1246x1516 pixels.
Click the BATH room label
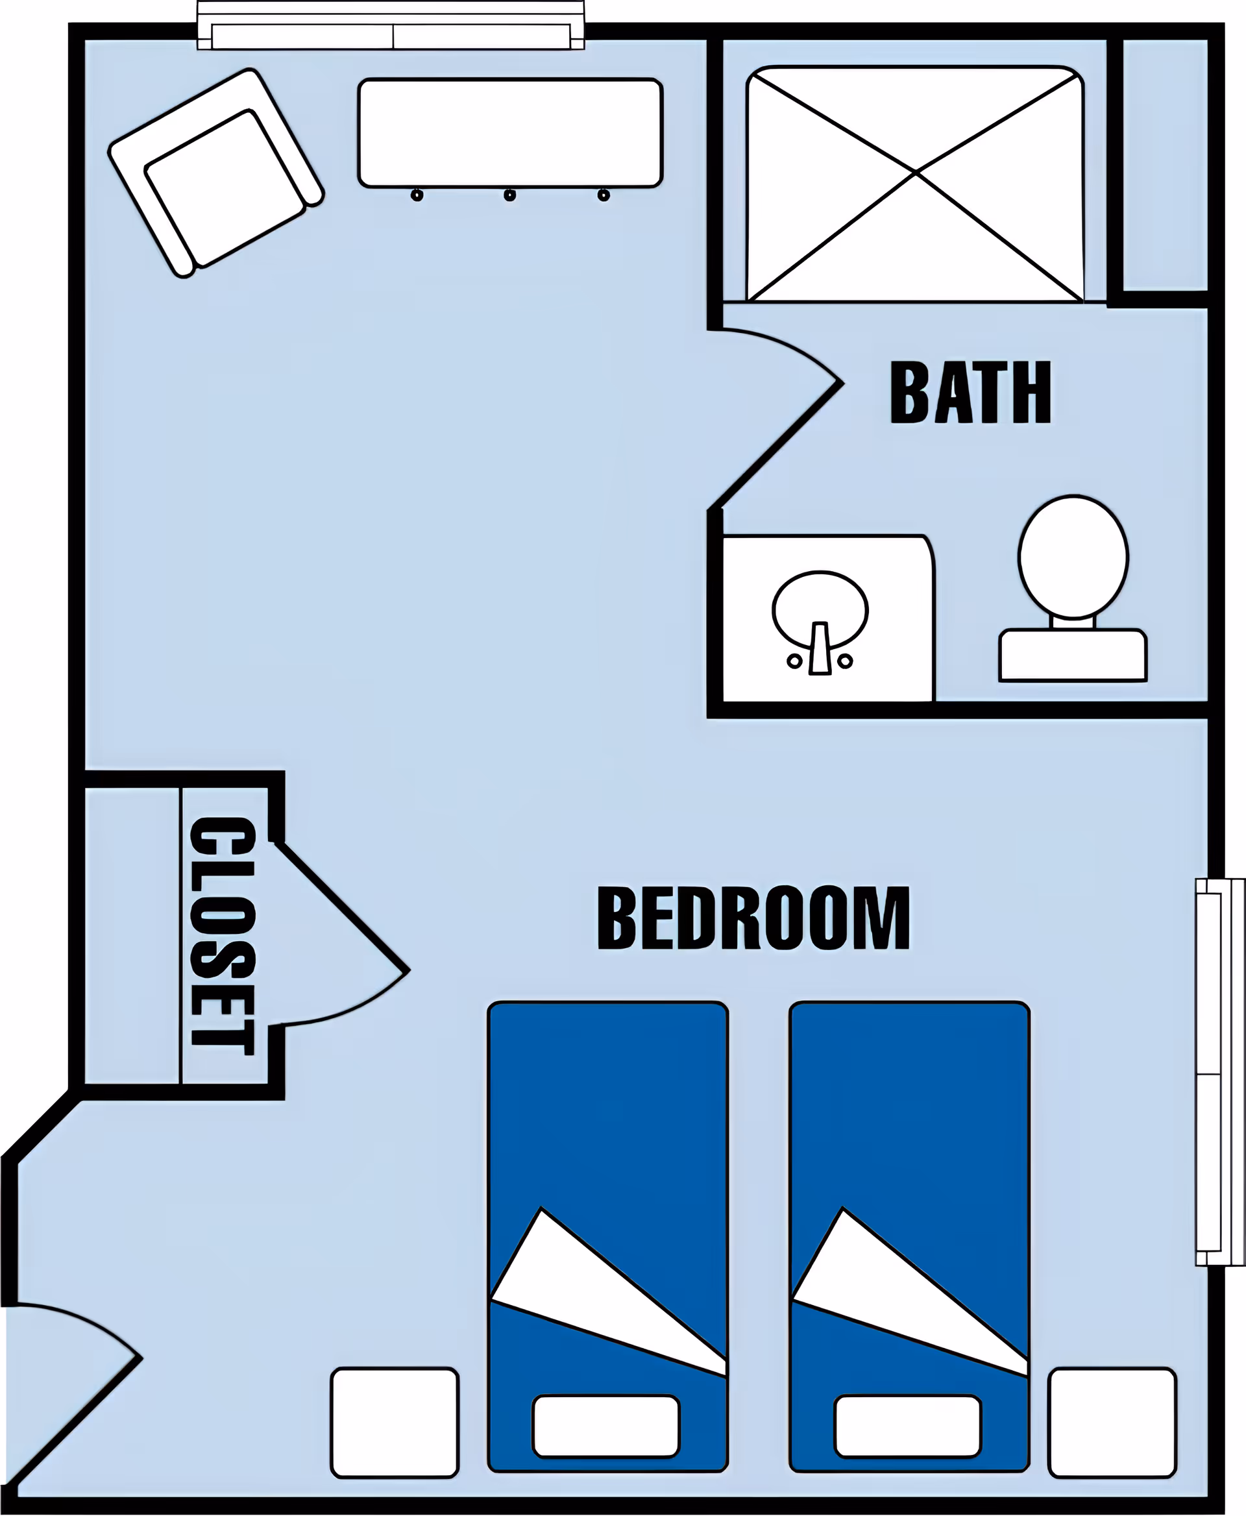click(x=970, y=393)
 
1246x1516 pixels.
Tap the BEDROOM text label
click(x=753, y=918)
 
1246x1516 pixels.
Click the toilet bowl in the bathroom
click(x=1072, y=556)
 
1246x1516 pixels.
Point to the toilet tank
click(x=1072, y=654)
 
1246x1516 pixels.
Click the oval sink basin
click(x=820, y=607)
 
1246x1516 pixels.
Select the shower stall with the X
click(x=915, y=183)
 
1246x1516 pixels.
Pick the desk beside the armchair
click(x=509, y=133)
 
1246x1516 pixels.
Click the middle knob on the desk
click(x=509, y=195)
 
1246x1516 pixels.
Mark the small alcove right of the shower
click(x=1165, y=165)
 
